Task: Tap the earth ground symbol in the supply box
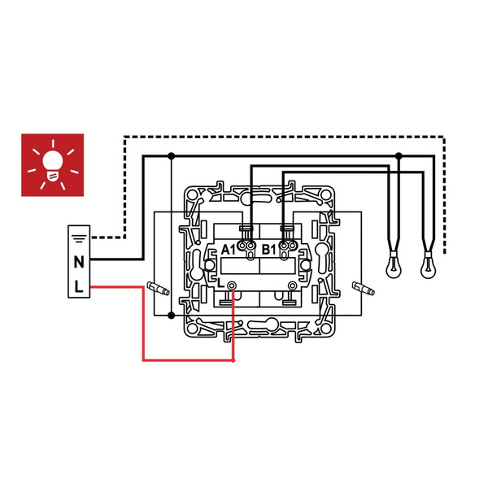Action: [79, 238]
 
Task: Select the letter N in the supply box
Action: [79, 262]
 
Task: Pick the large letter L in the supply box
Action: [79, 286]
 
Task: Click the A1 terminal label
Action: [229, 250]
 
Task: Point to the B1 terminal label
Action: [269, 250]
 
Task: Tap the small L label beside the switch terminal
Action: [220, 283]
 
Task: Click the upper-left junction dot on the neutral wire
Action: [171, 156]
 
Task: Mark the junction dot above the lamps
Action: [399, 156]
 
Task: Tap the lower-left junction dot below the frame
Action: [171, 316]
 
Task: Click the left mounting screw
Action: [158, 289]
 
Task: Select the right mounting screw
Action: [364, 288]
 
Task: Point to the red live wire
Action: [143, 324]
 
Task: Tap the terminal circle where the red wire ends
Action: [232, 285]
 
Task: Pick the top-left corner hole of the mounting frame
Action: [192, 195]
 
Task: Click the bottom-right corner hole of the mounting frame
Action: [325, 329]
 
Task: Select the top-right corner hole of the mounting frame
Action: [325, 195]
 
